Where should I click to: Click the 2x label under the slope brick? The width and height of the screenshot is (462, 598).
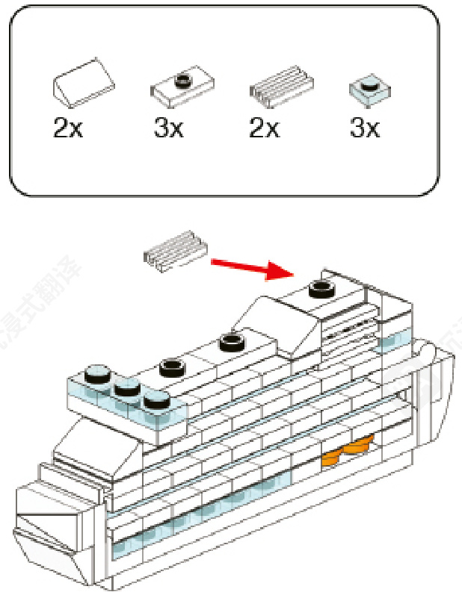pos(67,128)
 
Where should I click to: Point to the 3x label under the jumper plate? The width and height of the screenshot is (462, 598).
pos(168,128)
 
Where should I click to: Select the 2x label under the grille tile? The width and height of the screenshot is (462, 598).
pos(264,128)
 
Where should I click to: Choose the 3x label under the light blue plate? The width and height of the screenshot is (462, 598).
pos(365,128)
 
